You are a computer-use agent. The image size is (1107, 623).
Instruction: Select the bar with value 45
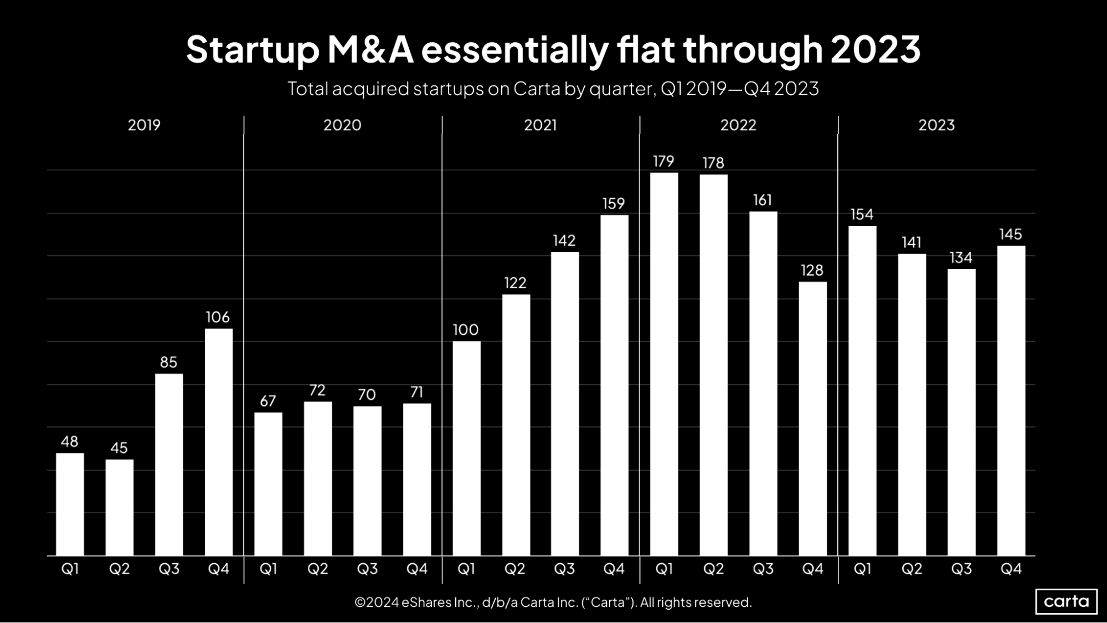120,507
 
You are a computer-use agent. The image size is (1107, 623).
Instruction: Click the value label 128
812,270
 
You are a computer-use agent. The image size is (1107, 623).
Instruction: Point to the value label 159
614,204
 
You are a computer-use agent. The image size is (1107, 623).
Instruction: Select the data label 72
317,390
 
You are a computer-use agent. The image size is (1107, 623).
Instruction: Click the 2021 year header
540,125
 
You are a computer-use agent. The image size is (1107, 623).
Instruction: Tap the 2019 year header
144,125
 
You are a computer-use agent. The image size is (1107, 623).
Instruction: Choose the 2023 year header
936,125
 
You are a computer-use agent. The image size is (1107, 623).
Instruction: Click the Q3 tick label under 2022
763,569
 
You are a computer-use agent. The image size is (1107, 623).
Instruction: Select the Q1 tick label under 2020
269,569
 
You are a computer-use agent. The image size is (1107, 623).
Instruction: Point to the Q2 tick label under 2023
912,569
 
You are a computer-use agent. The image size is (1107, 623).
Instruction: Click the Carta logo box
1066,601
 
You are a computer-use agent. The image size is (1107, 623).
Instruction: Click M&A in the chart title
370,50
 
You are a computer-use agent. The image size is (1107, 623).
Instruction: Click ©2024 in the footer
377,603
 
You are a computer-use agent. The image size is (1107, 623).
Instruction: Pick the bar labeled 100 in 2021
466,448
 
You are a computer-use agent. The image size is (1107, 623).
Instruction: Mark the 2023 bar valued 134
961,412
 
